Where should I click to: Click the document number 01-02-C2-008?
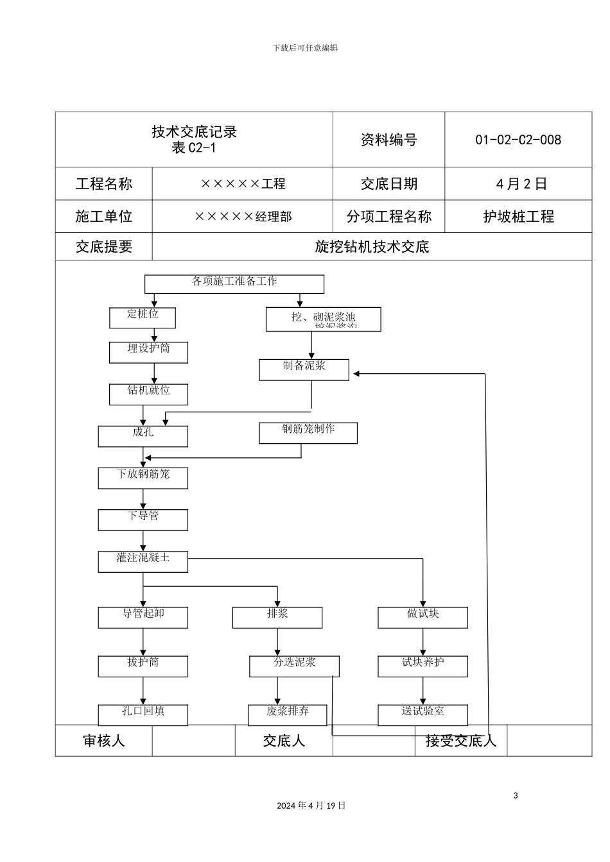coord(518,140)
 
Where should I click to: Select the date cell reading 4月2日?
coord(521,184)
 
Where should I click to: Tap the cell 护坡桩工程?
coord(518,217)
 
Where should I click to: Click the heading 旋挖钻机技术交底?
coord(372,247)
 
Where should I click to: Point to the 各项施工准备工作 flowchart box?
coord(234,283)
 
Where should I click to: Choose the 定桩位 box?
coord(143,317)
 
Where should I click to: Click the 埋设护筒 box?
coord(148,351)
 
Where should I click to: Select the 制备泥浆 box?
coord(304,369)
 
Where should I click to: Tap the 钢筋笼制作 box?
coord(308,433)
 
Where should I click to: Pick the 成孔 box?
coord(143,436)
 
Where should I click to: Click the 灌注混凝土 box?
coord(143,561)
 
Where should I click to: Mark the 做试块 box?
coord(423,617)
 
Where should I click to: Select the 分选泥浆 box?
coord(294,666)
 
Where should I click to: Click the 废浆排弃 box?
coord(288,714)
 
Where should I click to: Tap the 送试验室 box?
coord(423,714)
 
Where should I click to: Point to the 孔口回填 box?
coord(143,714)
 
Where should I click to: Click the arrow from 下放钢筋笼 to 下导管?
coord(143,499)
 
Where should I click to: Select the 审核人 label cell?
coord(104,741)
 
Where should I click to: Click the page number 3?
coord(515,796)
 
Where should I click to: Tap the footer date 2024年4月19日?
coord(311,806)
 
